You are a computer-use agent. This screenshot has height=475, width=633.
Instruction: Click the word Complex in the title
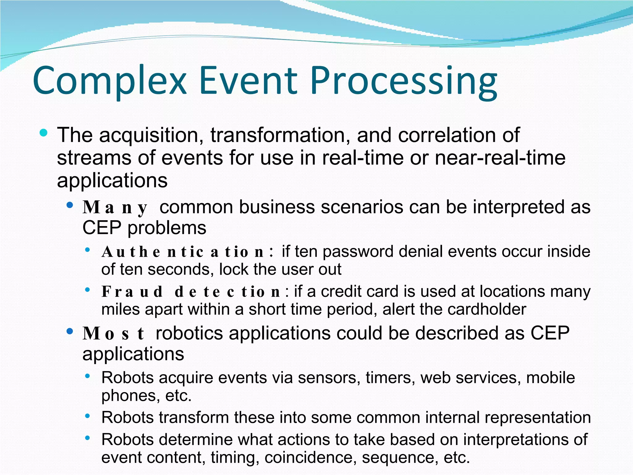110,81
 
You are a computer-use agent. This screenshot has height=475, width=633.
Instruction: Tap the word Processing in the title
403,81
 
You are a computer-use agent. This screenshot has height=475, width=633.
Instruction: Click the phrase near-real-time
500,158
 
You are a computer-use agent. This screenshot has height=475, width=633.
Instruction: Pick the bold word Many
115,208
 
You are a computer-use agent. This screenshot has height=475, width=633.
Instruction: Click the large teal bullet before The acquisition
44,133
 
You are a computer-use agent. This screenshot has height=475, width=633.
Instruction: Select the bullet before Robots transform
88,416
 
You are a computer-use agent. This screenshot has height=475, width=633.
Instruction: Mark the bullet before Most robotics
70,332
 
